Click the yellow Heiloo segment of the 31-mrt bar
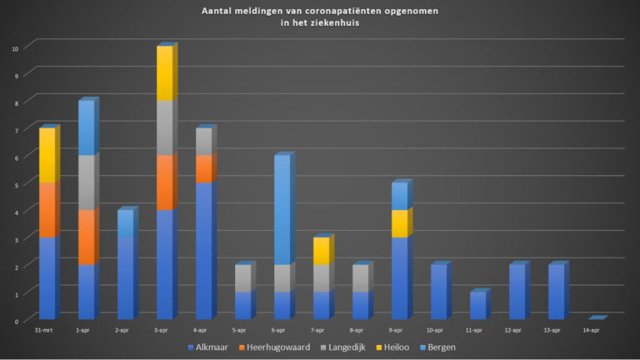pos(47,156)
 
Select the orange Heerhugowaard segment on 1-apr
pos(86,237)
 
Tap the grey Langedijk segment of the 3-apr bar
pos(164,127)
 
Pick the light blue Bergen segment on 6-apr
pos(282,209)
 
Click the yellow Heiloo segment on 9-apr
pos(399,223)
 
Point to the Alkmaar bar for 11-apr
pos(477,305)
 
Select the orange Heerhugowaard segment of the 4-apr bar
pos(203,168)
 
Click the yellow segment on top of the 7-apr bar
pos(321,251)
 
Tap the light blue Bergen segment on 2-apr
pos(125,223)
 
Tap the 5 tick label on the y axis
pos(16,184)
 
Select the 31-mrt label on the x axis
pos(47,331)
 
